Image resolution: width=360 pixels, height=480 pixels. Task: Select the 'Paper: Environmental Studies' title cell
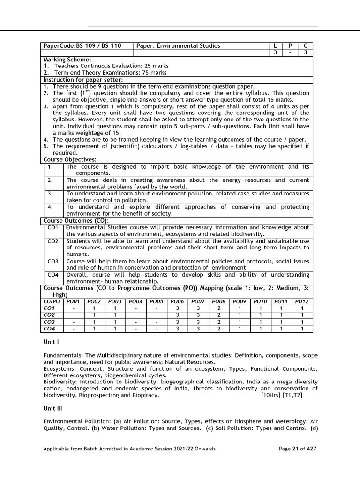(178, 46)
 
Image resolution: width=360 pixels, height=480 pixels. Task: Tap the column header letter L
(275, 46)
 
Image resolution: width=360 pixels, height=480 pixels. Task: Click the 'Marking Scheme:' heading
(67, 60)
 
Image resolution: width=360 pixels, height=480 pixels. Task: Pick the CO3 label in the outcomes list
(52, 261)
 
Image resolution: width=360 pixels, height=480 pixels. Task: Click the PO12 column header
(302, 302)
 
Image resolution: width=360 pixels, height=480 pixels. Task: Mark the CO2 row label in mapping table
(49, 315)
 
